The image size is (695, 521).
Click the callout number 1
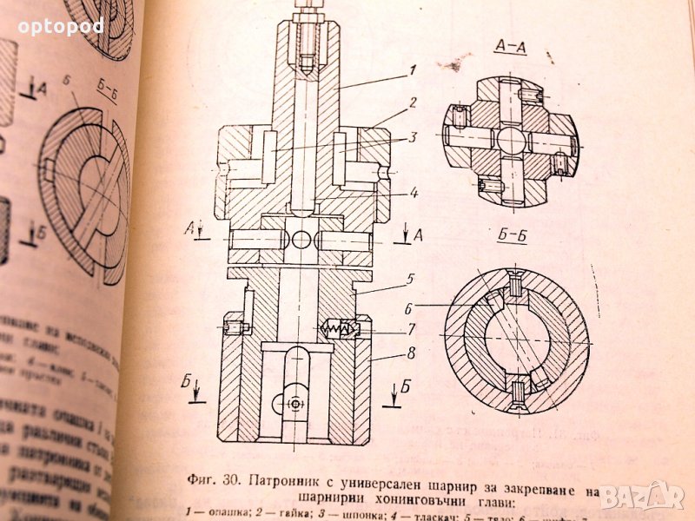(413, 70)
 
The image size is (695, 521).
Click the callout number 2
(414, 102)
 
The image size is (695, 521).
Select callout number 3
(414, 136)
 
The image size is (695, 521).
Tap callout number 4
(414, 193)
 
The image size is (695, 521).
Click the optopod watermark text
(61, 26)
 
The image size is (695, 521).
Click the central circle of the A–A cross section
(512, 140)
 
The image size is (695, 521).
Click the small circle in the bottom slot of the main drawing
(296, 404)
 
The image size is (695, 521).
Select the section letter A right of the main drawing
(418, 235)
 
